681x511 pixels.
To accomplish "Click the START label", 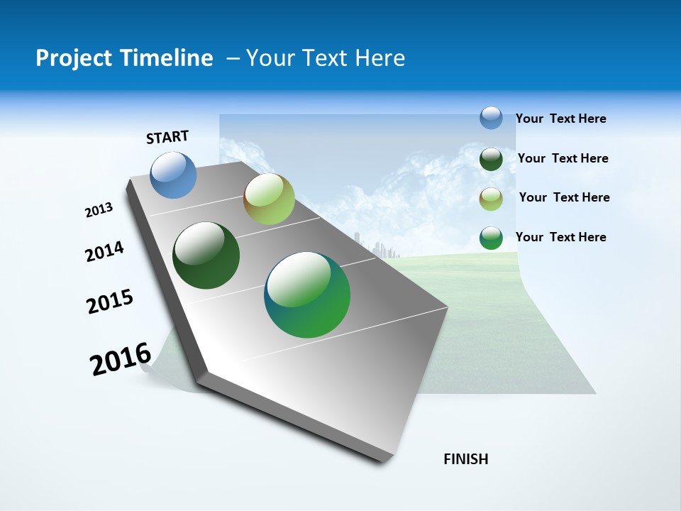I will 167,137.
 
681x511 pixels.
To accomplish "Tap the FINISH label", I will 466,459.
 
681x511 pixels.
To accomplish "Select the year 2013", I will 99,210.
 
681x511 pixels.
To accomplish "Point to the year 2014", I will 105,252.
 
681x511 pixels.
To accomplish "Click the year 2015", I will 110,302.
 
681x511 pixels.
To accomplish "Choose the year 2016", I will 121,359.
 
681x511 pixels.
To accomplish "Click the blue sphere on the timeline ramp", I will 174,175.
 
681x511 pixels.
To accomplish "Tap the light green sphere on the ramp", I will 269,199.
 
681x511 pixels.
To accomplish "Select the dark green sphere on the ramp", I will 206,255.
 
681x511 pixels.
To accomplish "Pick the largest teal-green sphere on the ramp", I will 307,295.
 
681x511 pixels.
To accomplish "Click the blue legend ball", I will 491,118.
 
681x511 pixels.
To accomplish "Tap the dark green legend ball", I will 491,159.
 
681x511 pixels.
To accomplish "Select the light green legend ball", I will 491,199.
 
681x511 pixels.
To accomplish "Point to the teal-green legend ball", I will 491,238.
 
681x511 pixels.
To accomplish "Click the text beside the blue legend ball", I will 561,119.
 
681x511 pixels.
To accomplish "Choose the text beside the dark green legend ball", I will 563,158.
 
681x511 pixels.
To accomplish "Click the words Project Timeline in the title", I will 124,58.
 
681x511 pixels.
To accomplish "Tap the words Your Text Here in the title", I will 326,58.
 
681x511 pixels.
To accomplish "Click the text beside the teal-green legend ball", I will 561,237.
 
